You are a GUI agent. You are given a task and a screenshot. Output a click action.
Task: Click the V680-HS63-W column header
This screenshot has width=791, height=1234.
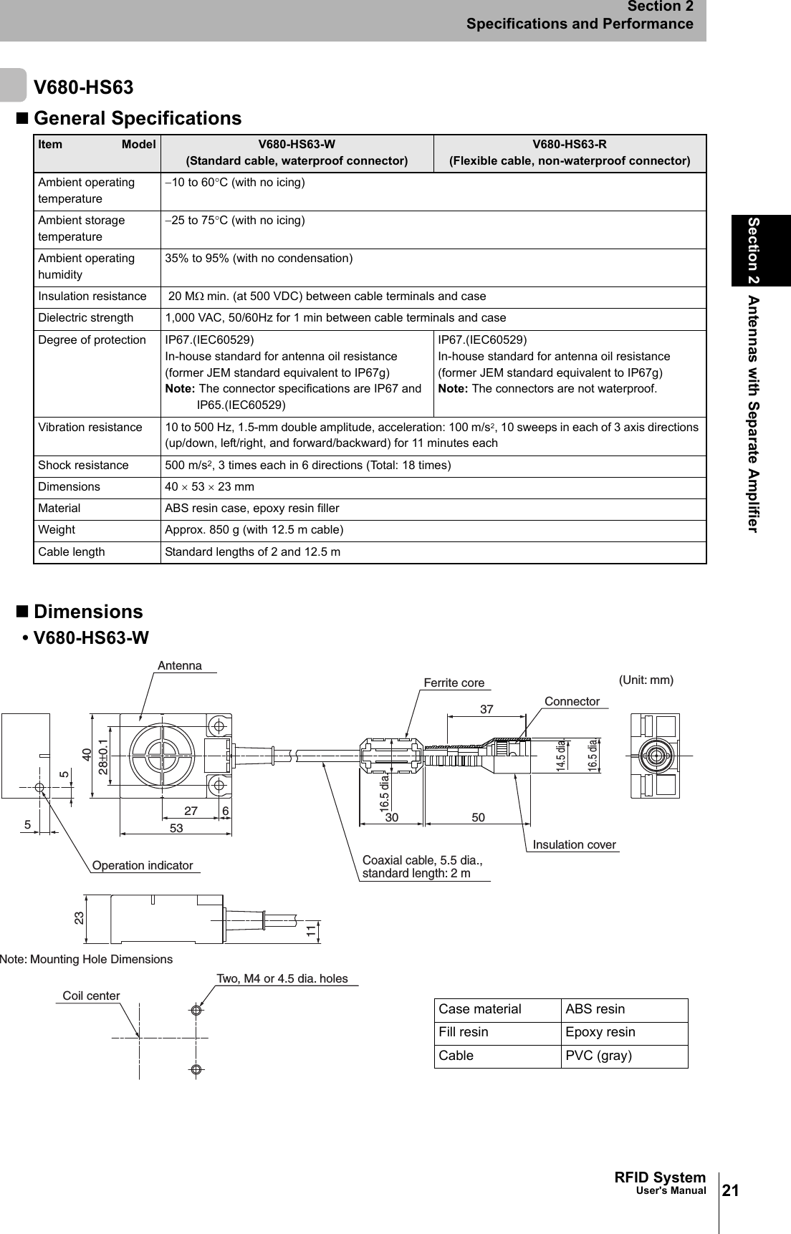[x=297, y=153]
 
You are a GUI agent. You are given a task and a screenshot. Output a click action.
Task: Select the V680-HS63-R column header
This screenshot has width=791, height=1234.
[x=570, y=153]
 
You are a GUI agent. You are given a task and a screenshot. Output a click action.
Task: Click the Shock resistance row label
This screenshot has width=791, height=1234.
[x=83, y=466]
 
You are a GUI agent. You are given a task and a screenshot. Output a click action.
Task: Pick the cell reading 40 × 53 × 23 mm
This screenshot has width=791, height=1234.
[x=210, y=487]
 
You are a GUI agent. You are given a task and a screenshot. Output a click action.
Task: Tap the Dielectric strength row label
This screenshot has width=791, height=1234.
[x=85, y=318]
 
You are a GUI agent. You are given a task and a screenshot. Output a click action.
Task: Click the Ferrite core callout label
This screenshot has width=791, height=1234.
[x=454, y=683]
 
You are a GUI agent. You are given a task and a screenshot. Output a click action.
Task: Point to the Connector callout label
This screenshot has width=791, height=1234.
[x=572, y=702]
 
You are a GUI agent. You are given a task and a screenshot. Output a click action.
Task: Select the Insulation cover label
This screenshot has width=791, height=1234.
[x=574, y=845]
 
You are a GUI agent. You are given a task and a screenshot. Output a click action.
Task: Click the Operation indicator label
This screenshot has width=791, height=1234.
[x=143, y=866]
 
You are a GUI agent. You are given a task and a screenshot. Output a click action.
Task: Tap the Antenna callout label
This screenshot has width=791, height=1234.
[x=180, y=666]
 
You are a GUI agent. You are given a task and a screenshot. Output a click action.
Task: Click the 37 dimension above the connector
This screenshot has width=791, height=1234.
[x=486, y=710]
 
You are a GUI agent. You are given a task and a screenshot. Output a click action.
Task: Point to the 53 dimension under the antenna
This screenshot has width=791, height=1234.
[x=176, y=829]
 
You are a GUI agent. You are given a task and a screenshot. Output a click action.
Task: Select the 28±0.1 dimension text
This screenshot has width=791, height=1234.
[x=104, y=757]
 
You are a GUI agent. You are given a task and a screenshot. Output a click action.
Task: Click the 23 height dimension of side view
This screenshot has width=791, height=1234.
[x=80, y=917]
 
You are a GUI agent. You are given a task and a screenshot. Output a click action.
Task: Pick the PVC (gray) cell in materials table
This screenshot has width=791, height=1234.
[x=598, y=1056]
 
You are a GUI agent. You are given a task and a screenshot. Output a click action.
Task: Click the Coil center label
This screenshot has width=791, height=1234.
[x=91, y=996]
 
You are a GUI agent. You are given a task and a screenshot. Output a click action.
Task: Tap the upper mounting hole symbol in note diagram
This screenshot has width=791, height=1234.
[x=196, y=1011]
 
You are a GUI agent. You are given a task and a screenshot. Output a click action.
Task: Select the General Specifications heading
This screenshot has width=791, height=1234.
[x=138, y=118]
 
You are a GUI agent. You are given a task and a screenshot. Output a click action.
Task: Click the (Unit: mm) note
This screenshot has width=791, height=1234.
[x=646, y=680]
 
